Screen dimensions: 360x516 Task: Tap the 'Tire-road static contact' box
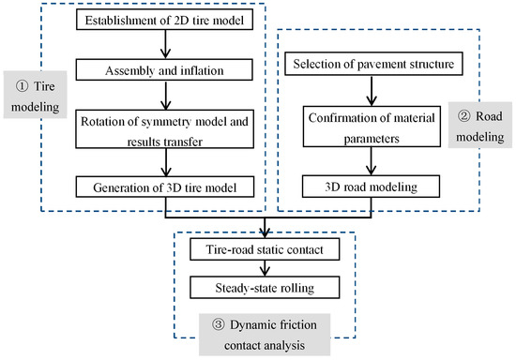coord(267,249)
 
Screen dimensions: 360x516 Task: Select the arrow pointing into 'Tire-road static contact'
coord(267,230)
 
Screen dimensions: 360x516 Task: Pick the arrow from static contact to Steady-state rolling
coord(267,267)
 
